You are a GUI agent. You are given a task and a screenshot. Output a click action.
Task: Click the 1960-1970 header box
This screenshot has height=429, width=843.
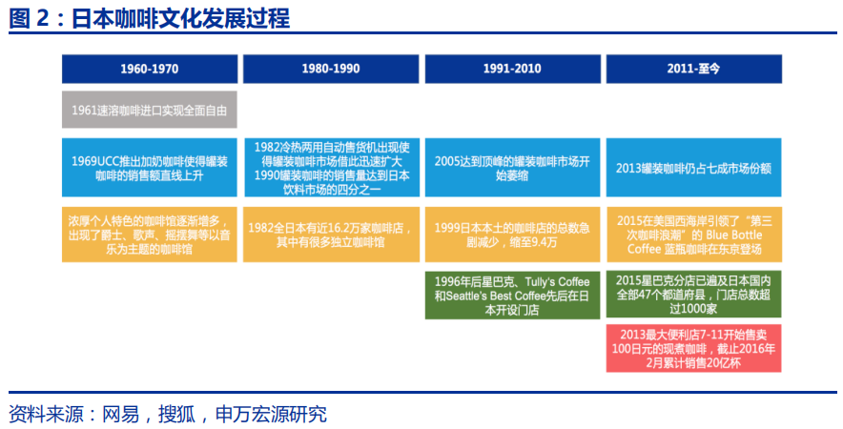click(x=149, y=69)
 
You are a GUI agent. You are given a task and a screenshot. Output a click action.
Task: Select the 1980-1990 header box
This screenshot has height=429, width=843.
click(x=330, y=69)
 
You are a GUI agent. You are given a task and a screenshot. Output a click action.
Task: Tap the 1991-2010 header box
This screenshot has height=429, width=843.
click(x=512, y=69)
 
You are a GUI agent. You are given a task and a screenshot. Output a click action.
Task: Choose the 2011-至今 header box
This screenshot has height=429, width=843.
click(x=693, y=69)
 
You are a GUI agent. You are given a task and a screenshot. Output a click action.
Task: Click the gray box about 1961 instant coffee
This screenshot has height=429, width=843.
click(x=149, y=111)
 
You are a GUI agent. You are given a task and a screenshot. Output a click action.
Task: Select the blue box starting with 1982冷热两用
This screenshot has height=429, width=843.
click(x=330, y=168)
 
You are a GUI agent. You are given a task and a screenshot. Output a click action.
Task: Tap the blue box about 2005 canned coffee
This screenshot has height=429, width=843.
click(x=512, y=168)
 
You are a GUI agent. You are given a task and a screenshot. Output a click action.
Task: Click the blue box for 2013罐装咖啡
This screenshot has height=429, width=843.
click(x=693, y=168)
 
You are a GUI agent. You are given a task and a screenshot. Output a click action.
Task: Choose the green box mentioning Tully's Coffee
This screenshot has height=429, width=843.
click(x=512, y=295)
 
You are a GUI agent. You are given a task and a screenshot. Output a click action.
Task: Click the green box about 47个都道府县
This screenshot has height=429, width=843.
click(x=693, y=295)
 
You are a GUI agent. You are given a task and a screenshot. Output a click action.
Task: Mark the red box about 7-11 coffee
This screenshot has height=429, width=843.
click(x=693, y=348)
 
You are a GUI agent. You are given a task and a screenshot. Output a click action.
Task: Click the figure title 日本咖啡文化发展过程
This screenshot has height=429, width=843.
click(x=181, y=18)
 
